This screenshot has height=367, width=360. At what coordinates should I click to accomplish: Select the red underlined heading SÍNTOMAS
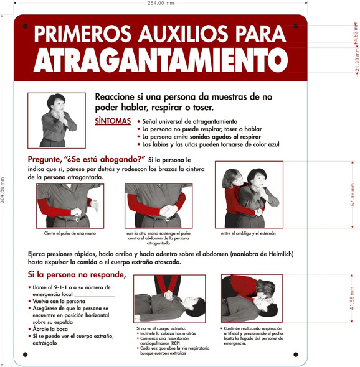tap(113, 121)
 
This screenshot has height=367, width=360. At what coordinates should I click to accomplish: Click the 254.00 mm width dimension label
tap(161, 4)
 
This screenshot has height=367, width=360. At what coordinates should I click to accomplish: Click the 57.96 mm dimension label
tap(353, 194)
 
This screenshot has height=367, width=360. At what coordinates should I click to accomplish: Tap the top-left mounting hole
tap(25, 27)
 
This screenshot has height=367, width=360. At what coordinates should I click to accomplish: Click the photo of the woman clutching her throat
tap(56, 120)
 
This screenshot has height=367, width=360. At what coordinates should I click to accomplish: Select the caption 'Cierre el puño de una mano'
tap(70, 233)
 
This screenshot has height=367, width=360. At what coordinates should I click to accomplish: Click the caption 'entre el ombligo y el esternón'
tap(249, 234)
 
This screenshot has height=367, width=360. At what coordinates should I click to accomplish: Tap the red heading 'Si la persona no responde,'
tap(77, 274)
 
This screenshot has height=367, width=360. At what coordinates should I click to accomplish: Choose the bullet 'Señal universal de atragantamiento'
tap(189, 121)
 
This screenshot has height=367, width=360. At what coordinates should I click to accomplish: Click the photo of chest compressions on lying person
tap(169, 299)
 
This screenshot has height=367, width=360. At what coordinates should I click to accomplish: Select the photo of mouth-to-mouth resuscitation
tap(251, 299)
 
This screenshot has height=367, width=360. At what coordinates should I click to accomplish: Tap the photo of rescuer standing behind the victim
tap(249, 194)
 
